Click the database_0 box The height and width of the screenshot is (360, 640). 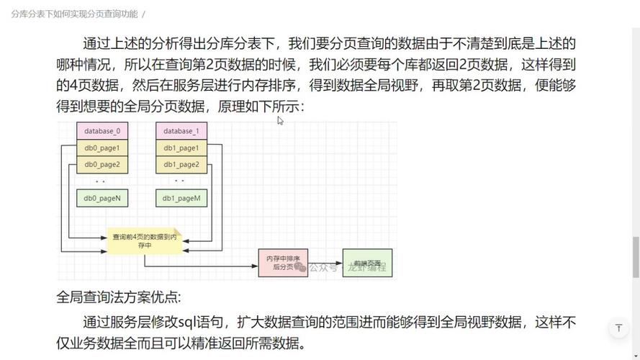pyautogui.click(x=102, y=132)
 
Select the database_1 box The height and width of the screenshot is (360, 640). pyautogui.click(x=181, y=132)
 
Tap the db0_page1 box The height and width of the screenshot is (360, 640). pyautogui.click(x=102, y=148)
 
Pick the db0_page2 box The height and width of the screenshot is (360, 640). pyautogui.click(x=102, y=165)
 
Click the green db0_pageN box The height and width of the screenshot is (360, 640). pyautogui.click(x=102, y=198)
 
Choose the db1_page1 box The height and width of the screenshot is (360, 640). pyautogui.click(x=181, y=148)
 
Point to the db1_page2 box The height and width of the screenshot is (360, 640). pyautogui.click(x=181, y=165)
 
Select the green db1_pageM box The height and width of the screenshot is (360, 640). pyautogui.click(x=181, y=198)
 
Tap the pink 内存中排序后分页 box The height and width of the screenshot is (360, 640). pyautogui.click(x=283, y=262)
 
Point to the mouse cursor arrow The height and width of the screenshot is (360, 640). pyautogui.click(x=280, y=120)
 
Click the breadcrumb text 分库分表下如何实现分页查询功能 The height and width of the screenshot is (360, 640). pyautogui.click(x=74, y=14)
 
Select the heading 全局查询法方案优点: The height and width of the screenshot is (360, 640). pyautogui.click(x=120, y=297)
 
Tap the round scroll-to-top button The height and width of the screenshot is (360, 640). pyautogui.click(x=618, y=328)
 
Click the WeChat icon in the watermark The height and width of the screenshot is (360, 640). pyautogui.click(x=300, y=267)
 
